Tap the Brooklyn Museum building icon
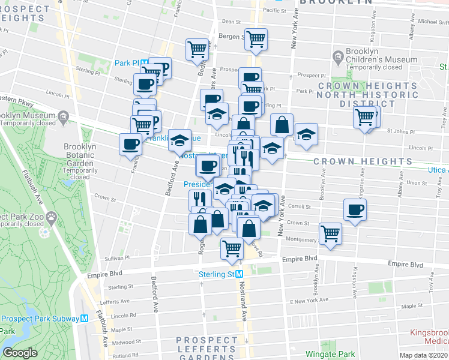coord(63,116)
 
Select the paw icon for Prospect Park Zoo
coord(53,216)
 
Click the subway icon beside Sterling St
coord(240,274)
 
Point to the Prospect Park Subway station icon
coord(85,319)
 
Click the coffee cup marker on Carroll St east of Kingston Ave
coord(355,210)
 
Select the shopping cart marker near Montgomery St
coord(330,233)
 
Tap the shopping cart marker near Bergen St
coord(256,39)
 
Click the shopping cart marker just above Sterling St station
coord(232,248)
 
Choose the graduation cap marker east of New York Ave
coord(306,136)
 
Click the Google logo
coord(20,353)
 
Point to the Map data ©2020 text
coord(423,355)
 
